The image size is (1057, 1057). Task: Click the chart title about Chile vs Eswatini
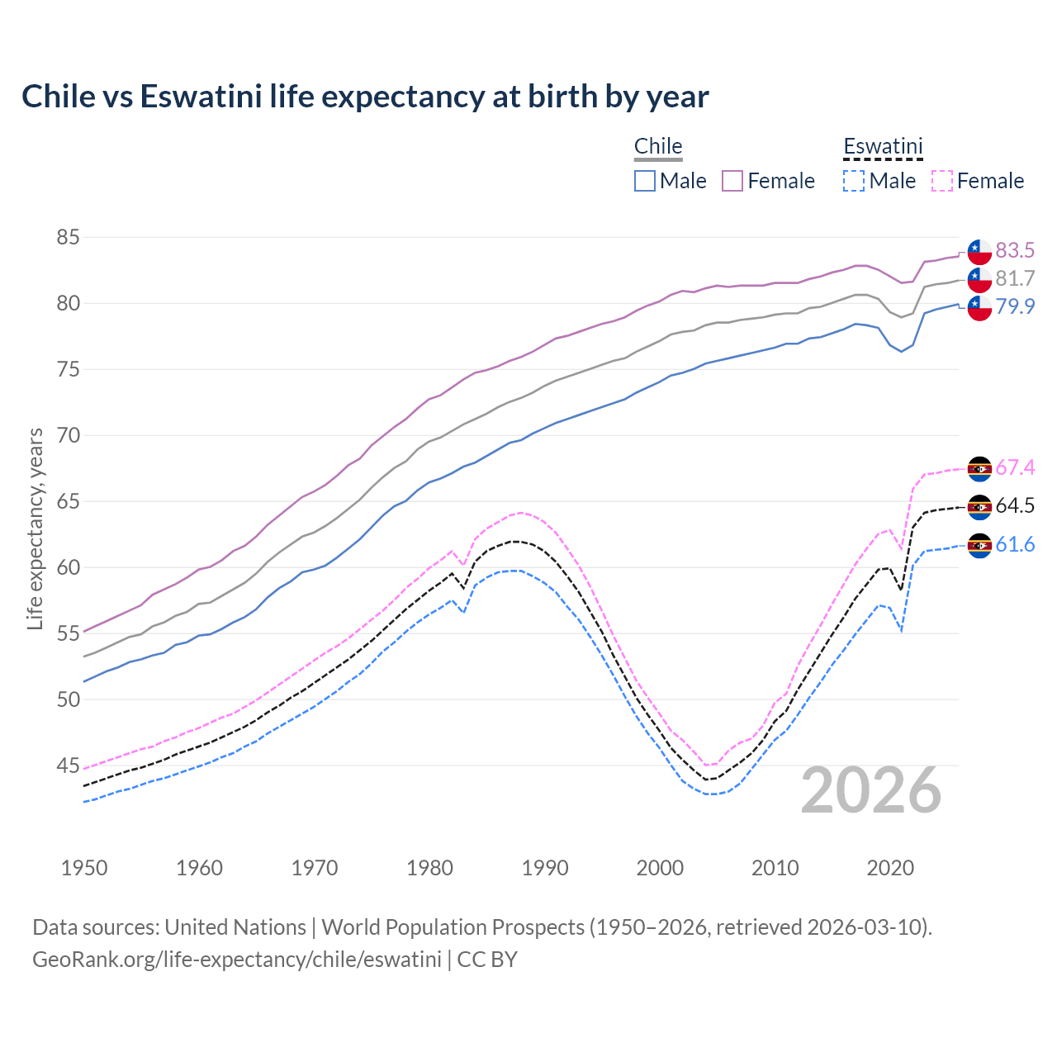365,97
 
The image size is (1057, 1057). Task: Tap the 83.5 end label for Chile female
1015,250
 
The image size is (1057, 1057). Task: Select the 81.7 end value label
1015,278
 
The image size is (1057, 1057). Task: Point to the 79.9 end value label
1015,306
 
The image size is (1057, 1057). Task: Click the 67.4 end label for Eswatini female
1015,467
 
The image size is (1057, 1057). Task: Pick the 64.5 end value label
1015,505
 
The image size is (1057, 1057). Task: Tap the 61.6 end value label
1015,544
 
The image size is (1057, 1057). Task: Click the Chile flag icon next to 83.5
979,251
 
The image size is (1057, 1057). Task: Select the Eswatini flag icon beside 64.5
979,506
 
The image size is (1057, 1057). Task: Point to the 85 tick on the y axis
68,238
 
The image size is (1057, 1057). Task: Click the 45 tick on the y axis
68,766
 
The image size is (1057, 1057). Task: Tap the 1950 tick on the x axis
84,868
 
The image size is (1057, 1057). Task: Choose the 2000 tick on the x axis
660,868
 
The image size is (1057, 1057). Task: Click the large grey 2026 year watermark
870,790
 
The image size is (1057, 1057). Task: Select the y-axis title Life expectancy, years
35,528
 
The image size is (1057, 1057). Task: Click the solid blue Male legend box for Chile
645,181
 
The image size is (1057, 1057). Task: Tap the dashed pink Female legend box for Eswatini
942,181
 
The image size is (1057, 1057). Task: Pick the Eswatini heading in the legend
883,146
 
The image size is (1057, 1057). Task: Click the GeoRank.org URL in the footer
237,959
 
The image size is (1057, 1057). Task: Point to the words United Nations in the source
235,927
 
